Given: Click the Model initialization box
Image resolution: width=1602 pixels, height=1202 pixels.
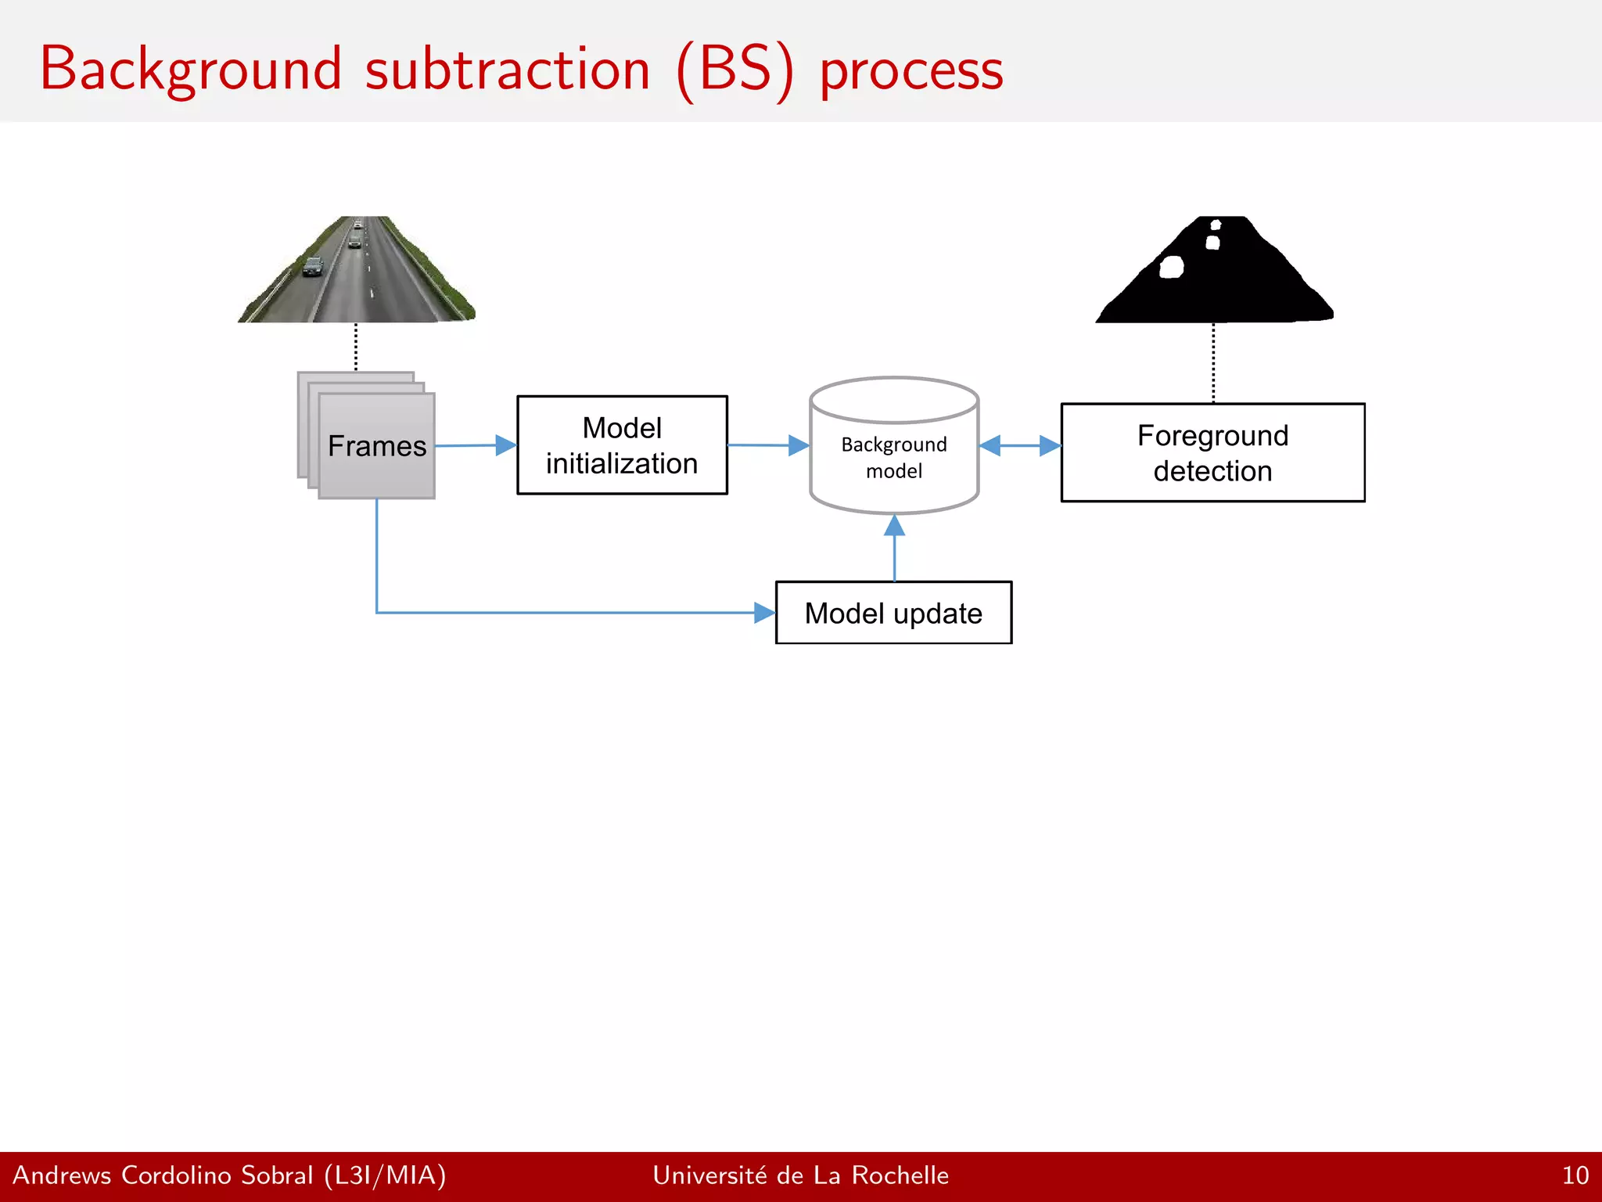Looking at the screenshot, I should pyautogui.click(x=622, y=444).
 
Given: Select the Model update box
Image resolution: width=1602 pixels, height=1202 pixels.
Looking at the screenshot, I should pyautogui.click(x=893, y=613).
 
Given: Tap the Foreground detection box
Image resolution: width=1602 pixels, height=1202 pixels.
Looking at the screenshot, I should pyautogui.click(x=1212, y=452).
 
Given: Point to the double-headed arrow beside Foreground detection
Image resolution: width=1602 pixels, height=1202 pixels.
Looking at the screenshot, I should pyautogui.click(x=1020, y=445).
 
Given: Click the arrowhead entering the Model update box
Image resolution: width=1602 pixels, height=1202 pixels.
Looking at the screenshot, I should pyautogui.click(x=763, y=613).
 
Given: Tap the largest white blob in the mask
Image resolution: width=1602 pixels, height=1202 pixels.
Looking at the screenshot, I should pyautogui.click(x=1171, y=268).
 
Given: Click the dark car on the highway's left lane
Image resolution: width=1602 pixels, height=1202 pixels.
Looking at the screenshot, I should pyautogui.click(x=313, y=267).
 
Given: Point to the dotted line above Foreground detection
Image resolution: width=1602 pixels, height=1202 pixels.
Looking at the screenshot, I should pyautogui.click(x=1213, y=362).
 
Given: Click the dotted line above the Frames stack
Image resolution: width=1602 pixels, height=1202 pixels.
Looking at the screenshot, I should pyautogui.click(x=356, y=347).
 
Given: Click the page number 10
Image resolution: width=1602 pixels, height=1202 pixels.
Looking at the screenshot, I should pyautogui.click(x=1575, y=1175).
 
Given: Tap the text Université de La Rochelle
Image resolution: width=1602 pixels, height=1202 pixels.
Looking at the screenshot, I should pyautogui.click(x=800, y=1175).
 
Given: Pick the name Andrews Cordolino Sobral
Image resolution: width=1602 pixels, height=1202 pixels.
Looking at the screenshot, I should pyautogui.click(x=163, y=1175).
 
